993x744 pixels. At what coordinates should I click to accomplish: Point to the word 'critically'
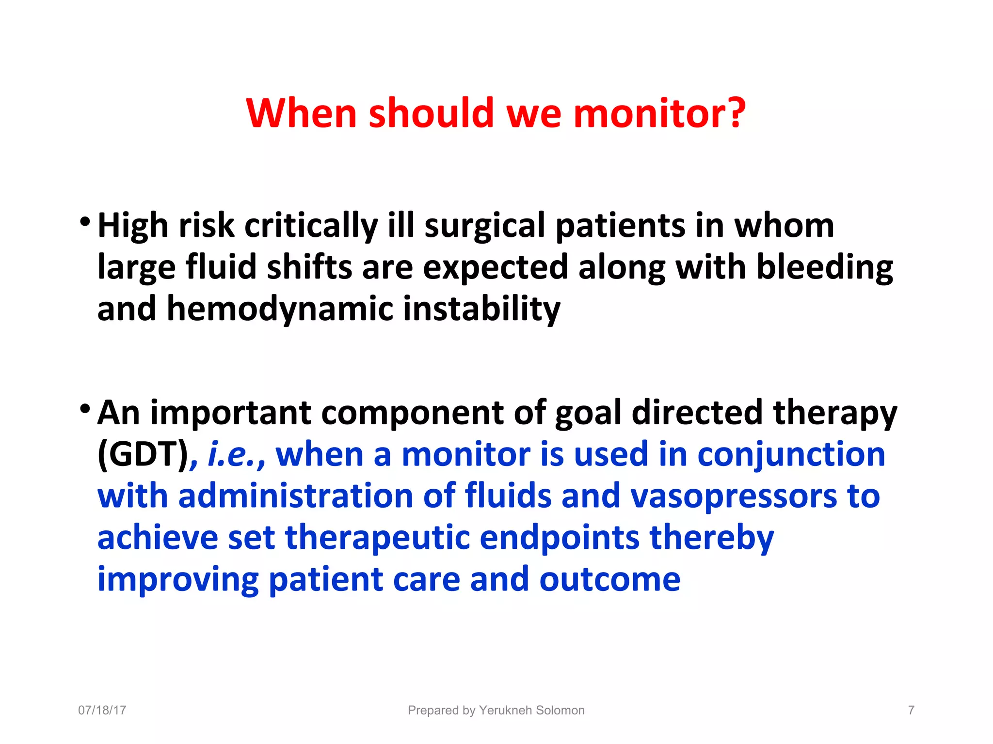tap(311, 226)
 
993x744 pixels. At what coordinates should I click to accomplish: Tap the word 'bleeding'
tap(824, 268)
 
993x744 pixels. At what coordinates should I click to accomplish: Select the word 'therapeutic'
tap(377, 538)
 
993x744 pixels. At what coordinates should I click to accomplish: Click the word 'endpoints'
tap(560, 538)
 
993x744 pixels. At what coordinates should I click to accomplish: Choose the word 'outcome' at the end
tap(609, 580)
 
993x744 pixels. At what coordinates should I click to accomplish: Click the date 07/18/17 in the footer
tap(102, 710)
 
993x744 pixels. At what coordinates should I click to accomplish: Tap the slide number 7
tap(911, 710)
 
